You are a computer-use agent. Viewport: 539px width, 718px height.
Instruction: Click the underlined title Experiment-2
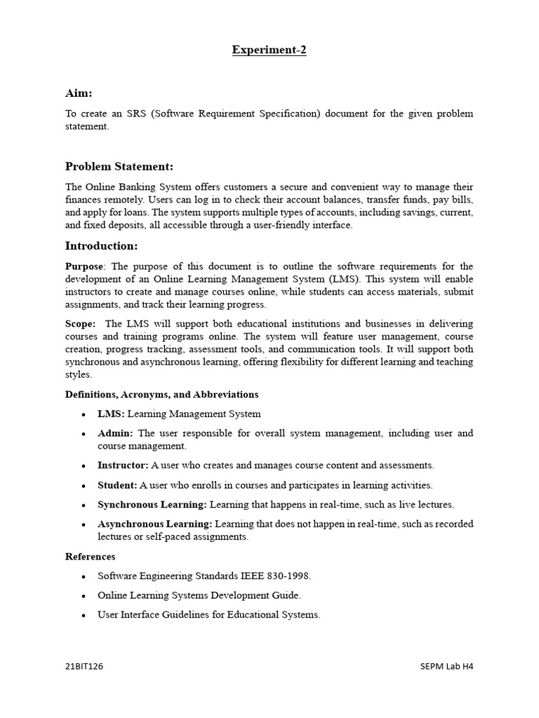point(269,50)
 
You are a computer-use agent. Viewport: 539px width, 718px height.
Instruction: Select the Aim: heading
point(79,93)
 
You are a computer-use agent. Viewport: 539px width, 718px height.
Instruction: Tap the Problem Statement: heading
point(119,166)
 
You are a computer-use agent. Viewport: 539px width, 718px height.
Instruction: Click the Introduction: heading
point(101,245)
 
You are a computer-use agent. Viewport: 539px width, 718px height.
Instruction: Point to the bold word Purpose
point(84,266)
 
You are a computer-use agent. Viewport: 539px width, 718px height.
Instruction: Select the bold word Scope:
point(81,324)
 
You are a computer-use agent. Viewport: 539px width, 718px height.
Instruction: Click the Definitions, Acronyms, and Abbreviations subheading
point(161,395)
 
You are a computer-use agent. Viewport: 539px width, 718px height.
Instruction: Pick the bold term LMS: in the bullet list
point(111,414)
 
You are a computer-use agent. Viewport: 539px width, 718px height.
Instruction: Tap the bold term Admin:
point(116,433)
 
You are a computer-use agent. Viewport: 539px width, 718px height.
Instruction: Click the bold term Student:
point(117,485)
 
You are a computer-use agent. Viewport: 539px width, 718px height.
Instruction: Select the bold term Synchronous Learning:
point(152,505)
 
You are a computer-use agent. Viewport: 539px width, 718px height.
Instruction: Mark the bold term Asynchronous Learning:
point(155,524)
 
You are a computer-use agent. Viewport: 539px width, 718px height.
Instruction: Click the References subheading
point(91,557)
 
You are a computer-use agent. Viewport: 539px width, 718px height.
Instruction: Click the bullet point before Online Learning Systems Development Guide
point(84,596)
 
